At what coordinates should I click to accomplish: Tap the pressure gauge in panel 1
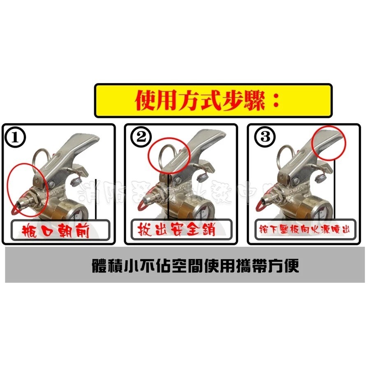(78, 210)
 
